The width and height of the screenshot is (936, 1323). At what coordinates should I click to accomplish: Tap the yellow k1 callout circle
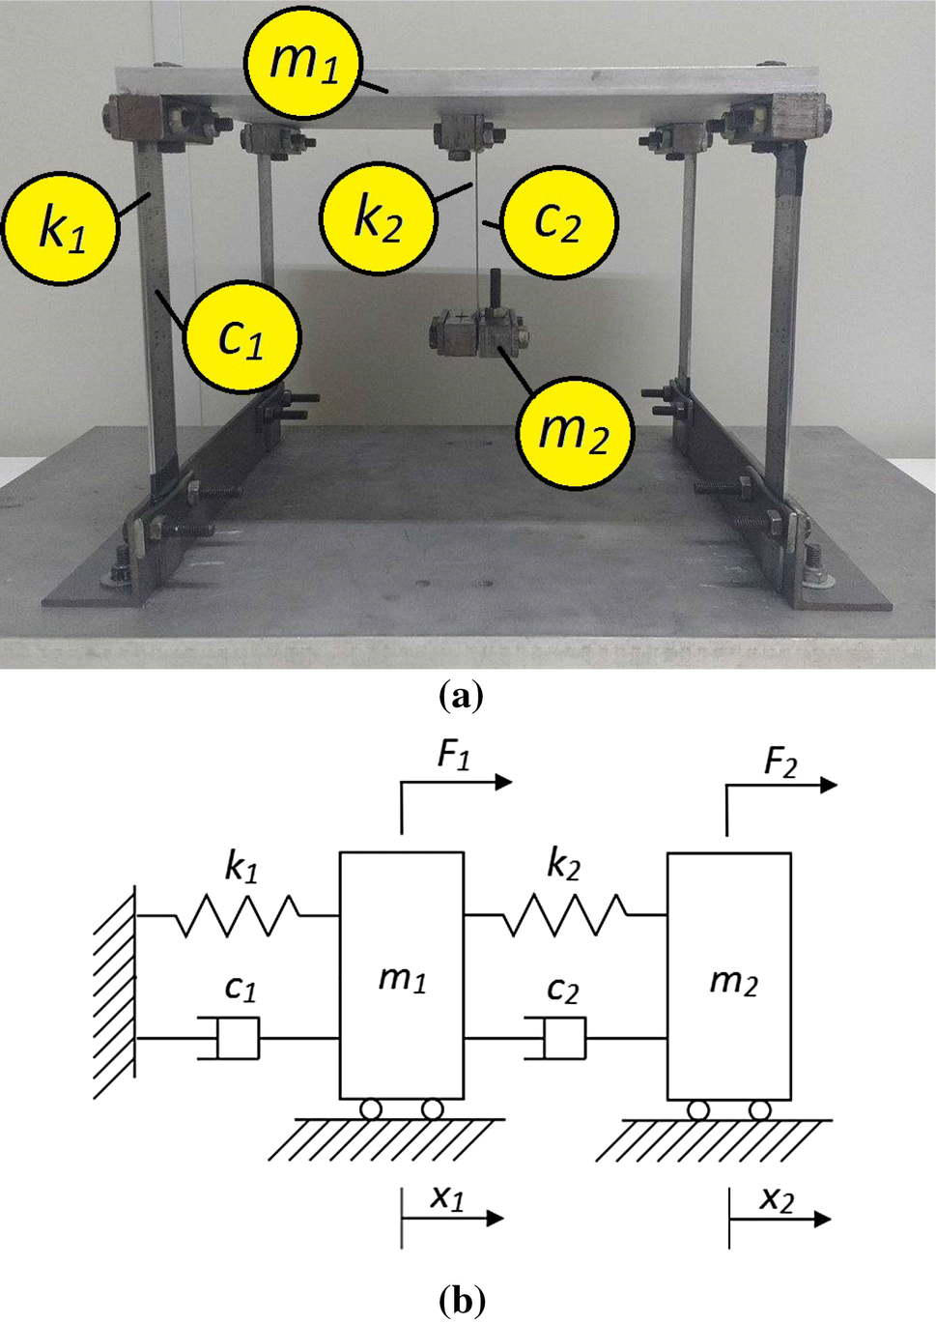[x=61, y=226]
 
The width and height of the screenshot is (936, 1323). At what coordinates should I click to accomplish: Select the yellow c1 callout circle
[x=241, y=335]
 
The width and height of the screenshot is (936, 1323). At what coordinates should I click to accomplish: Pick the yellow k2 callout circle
[x=378, y=217]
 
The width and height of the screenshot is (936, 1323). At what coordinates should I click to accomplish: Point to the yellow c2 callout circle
[x=557, y=221]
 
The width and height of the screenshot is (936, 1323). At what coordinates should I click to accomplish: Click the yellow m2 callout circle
[x=574, y=430]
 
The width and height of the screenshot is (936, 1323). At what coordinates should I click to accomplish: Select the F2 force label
[x=780, y=762]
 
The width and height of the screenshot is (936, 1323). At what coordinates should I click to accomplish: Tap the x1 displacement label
[x=447, y=1198]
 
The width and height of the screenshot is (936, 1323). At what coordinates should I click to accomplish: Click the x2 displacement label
[x=776, y=1200]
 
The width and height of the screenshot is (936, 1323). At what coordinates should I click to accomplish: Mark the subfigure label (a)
[x=461, y=696]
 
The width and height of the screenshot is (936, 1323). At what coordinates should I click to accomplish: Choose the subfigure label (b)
[x=461, y=1301]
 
